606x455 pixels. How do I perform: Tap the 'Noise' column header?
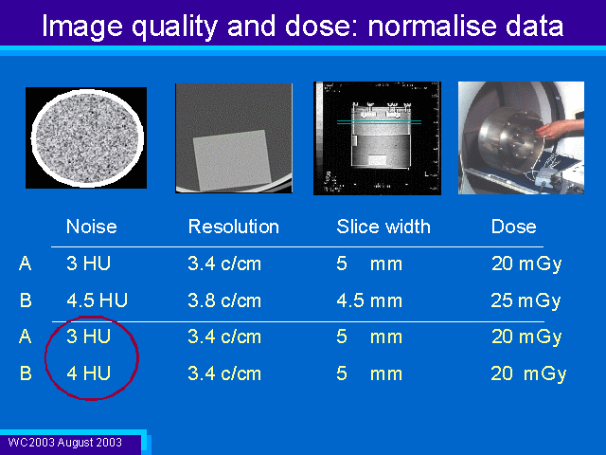[92, 227]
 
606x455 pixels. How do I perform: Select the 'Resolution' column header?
[234, 227]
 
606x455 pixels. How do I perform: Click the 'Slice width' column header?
[383, 227]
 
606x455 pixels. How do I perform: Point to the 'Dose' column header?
[513, 227]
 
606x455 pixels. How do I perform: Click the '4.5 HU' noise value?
[97, 300]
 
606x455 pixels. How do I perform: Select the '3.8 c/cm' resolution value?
[224, 300]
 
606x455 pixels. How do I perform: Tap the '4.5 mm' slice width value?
[369, 300]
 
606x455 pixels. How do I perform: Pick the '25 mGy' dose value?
[526, 300]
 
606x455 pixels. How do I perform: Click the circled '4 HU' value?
[88, 373]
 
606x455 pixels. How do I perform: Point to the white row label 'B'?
[26, 300]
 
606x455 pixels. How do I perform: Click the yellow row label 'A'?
[26, 337]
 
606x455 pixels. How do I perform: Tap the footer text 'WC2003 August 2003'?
[65, 443]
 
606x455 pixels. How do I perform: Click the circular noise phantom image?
[87, 137]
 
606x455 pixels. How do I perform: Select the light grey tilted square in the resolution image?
[232, 160]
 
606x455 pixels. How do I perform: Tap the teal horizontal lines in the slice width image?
[379, 122]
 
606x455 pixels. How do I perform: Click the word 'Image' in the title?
[82, 27]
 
